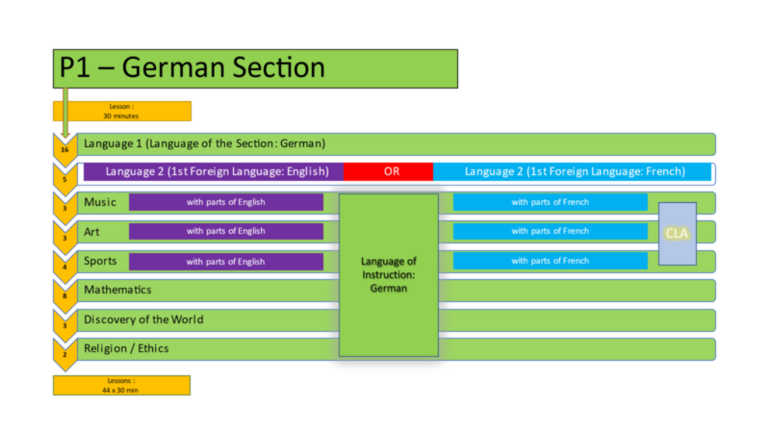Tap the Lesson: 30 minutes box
122,111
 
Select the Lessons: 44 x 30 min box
121,385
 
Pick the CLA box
677,234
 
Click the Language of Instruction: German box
388,274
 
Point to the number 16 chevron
65,149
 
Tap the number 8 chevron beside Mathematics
65,295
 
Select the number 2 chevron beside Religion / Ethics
65,354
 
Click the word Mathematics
117,290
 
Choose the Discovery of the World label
143,319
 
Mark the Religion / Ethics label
126,348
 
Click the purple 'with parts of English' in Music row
226,202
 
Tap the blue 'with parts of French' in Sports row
550,261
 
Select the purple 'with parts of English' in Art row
226,231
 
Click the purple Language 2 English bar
216,171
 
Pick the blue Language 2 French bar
574,171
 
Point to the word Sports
100,260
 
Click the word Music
100,202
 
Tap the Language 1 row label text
204,143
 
